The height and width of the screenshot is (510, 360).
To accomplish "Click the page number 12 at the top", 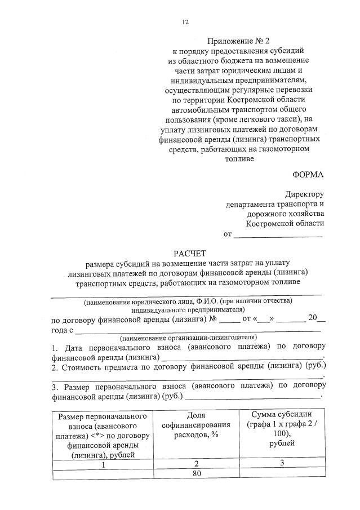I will click(x=185, y=22).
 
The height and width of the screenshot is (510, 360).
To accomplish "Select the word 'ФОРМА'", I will click(x=309, y=175).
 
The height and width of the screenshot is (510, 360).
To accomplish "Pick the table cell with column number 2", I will click(x=197, y=464).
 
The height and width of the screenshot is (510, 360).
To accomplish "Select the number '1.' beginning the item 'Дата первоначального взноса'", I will click(x=55, y=348).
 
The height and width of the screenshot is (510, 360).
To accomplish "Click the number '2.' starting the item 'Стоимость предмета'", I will click(x=55, y=367).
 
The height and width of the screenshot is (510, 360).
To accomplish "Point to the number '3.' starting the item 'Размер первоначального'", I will click(x=55, y=387).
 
